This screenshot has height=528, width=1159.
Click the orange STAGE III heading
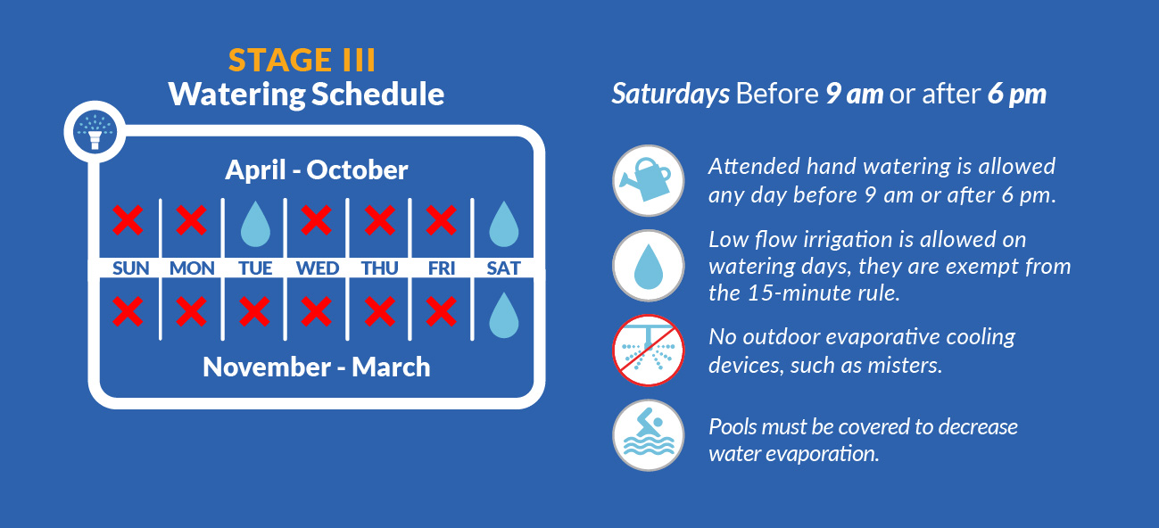tap(302, 60)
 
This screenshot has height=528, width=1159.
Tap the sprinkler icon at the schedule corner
tap(95, 131)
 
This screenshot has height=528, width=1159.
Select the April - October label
tap(317, 169)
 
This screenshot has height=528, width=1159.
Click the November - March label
tap(317, 367)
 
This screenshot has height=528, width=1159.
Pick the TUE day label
tap(255, 268)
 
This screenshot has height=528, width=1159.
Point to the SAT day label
tap(503, 268)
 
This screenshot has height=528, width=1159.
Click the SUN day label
tap(130, 268)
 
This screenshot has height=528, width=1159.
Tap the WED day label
tap(317, 268)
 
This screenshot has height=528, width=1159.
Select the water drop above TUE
tap(255, 224)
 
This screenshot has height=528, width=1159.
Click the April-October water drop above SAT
tap(504, 224)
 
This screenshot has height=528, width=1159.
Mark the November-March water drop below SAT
tap(504, 316)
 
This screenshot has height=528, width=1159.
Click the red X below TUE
tap(254, 311)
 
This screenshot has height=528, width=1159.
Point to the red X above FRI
tap(441, 220)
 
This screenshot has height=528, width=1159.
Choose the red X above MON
tap(192, 220)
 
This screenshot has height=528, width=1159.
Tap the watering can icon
tap(649, 180)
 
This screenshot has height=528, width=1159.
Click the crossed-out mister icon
tap(649, 351)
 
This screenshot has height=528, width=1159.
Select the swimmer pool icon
tap(649, 435)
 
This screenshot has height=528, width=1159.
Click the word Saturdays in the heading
tap(671, 95)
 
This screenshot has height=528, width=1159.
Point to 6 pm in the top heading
tap(1017, 95)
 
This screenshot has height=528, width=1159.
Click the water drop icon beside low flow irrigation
tap(649, 266)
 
